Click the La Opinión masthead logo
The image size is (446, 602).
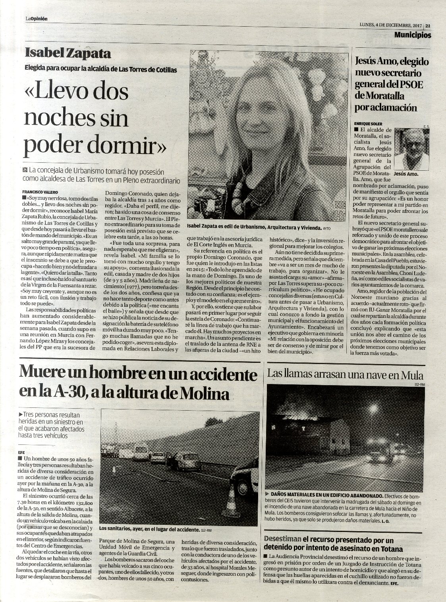(x=37, y=19)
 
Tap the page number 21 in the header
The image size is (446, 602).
(x=428, y=25)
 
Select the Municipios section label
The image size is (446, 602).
(x=413, y=35)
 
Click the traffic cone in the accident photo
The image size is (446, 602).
(x=230, y=507)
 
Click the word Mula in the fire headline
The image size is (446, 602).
(x=412, y=375)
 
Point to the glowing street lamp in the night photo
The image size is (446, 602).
(x=373, y=408)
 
